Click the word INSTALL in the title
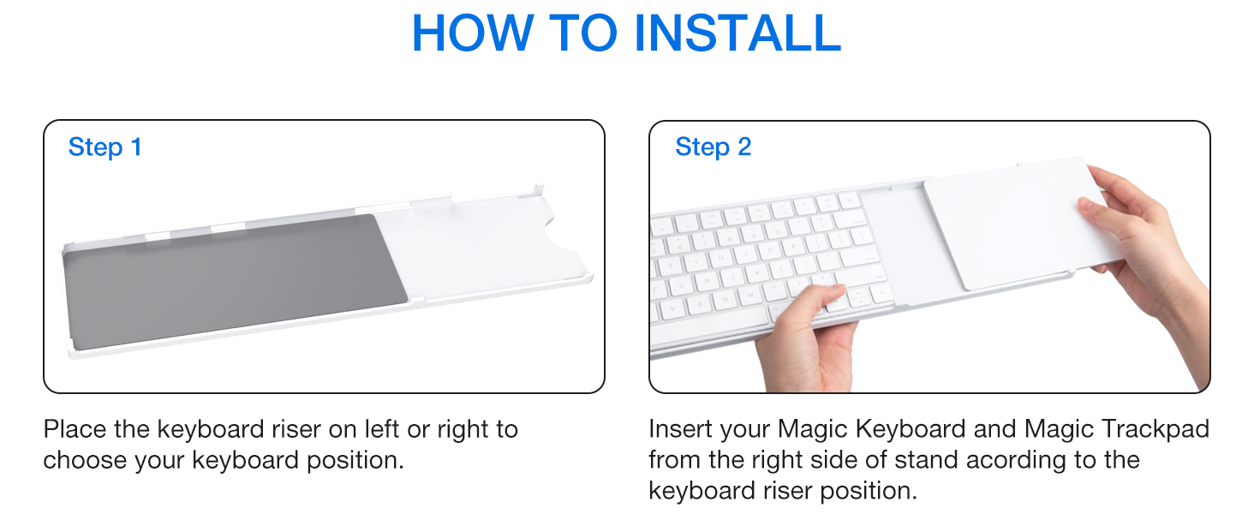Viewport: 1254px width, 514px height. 737,33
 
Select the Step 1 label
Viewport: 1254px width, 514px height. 104,148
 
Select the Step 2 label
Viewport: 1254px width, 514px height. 714,147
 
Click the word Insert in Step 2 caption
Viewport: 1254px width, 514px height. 681,429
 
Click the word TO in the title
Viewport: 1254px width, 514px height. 583,33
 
